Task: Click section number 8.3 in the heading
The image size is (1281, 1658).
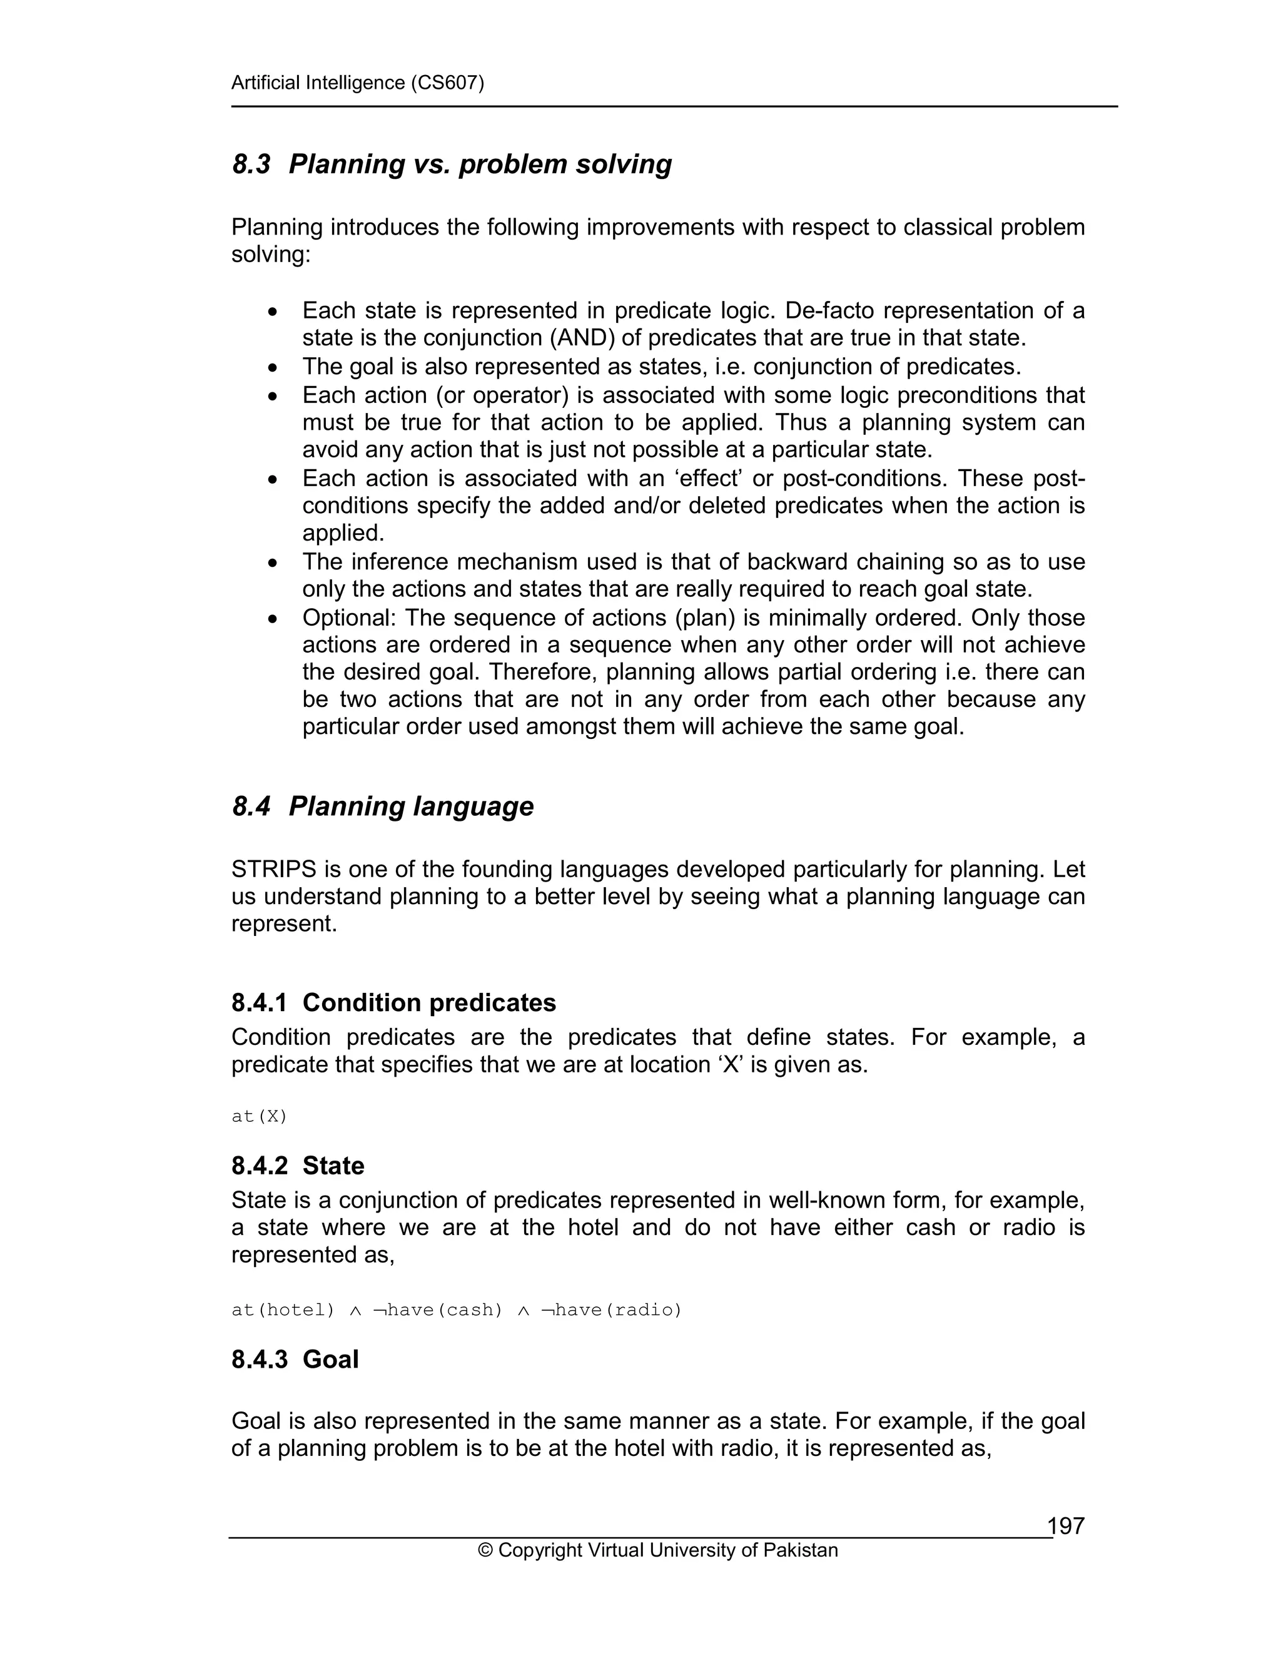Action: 251,164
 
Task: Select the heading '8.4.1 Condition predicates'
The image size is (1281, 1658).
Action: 393,1002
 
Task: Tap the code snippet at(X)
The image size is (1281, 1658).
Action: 259,1116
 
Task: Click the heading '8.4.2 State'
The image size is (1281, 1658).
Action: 298,1166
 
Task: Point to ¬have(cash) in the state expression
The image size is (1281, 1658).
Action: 438,1310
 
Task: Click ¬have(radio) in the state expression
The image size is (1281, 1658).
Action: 611,1310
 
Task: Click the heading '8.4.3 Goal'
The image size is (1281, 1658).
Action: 295,1359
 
